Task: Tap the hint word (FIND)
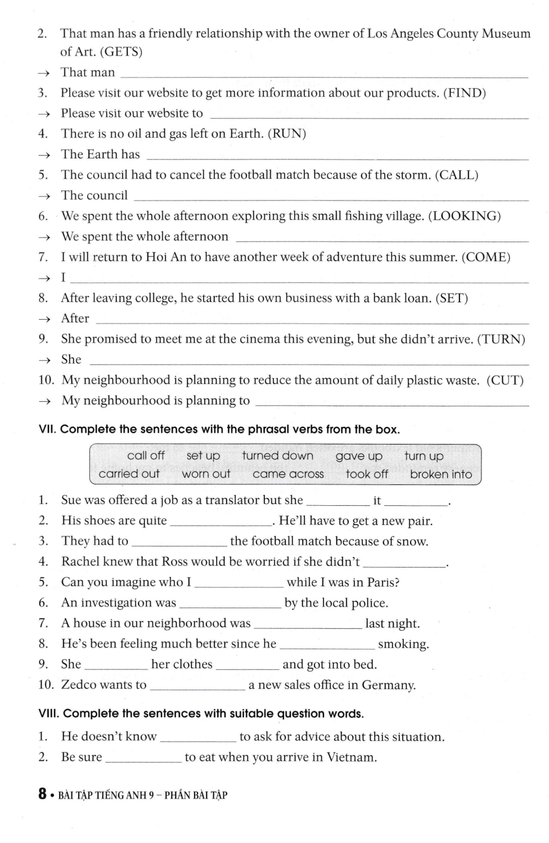click(465, 93)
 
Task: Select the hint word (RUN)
click(287, 134)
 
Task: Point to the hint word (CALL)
click(457, 175)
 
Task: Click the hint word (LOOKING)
click(465, 216)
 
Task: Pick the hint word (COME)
click(486, 257)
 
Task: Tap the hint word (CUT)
click(505, 380)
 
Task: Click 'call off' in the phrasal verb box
click(146, 455)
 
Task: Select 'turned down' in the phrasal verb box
click(278, 455)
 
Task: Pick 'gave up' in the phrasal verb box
click(359, 456)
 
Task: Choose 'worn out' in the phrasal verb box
click(206, 474)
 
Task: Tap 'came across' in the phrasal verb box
click(288, 474)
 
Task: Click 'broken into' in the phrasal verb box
click(441, 474)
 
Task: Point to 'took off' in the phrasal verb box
click(367, 474)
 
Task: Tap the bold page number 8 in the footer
click(43, 794)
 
